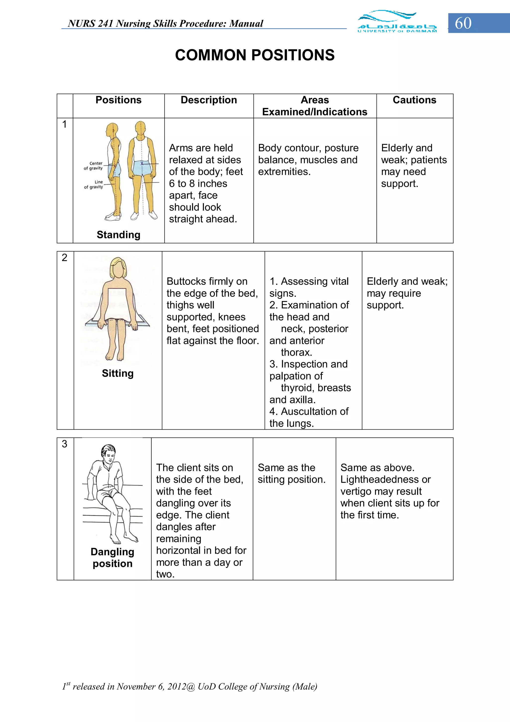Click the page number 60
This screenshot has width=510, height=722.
tap(463, 23)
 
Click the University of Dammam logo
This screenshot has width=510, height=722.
tap(397, 22)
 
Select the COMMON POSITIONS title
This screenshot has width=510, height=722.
tap(255, 55)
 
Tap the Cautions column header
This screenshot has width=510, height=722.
tap(414, 100)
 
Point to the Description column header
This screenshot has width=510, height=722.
tap(209, 100)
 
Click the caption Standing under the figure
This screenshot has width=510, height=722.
tap(119, 235)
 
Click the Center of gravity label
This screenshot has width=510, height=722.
tap(93, 166)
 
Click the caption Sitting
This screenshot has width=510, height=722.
tap(118, 373)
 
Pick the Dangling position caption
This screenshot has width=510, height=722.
tap(113, 558)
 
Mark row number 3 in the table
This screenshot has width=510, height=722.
tap(64, 444)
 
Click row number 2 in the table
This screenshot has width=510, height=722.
tap(64, 257)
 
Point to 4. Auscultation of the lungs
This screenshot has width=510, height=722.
tap(309, 417)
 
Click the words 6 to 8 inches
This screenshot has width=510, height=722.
tap(198, 183)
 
